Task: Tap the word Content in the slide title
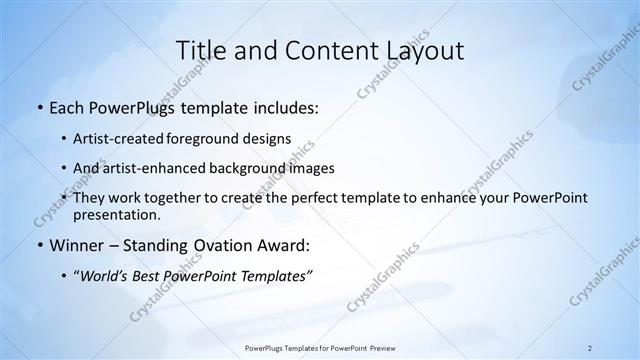331,51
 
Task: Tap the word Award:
285,245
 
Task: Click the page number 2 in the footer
590,348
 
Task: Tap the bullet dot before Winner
38,246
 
